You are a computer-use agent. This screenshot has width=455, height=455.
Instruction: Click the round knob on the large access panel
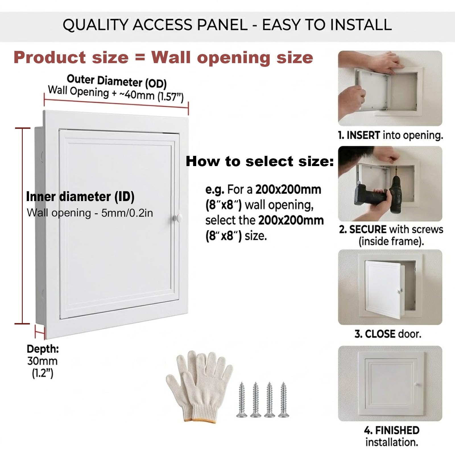point(178,218)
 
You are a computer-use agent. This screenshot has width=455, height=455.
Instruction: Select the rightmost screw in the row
point(284,400)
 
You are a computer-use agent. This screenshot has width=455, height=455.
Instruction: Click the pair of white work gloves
point(199,385)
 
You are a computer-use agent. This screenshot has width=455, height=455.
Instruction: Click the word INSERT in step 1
point(363,135)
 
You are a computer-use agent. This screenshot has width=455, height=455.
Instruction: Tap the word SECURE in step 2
point(368,229)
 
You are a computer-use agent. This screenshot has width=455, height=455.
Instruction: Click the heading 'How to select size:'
point(260,161)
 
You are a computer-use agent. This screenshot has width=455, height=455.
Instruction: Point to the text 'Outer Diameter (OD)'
point(117,81)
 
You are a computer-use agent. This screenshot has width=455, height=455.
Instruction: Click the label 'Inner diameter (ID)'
point(80,197)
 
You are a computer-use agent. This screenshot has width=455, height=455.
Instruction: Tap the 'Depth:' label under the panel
point(43,349)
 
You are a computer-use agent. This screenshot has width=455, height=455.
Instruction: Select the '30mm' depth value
point(42,361)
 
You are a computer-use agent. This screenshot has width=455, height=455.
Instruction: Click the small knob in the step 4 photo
point(417,384)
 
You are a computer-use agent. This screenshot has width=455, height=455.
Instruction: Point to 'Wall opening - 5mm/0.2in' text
point(90,213)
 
